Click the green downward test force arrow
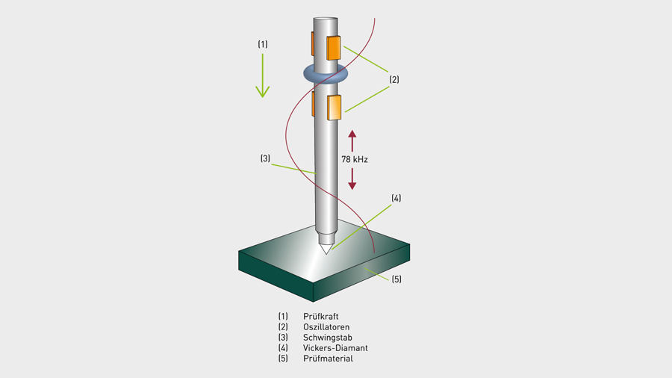click(262, 78)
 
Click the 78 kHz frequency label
click(354, 159)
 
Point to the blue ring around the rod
click(326, 73)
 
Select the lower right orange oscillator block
click(334, 107)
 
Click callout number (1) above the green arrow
click(263, 45)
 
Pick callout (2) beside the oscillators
click(394, 78)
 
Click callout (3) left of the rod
click(265, 158)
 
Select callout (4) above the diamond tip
click(396, 198)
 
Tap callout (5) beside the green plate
click(396, 279)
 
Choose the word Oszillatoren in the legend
click(326, 327)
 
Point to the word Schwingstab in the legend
click(327, 338)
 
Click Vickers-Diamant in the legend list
click(335, 348)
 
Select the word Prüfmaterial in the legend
click(329, 359)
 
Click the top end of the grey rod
click(326, 21)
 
